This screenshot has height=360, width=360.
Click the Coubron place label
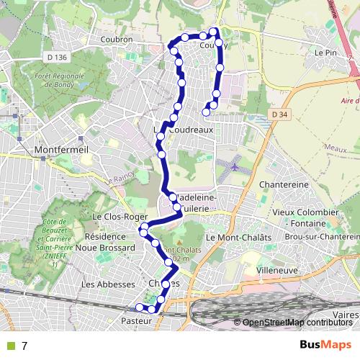pos(119,40)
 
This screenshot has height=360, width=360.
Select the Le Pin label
pos(326,53)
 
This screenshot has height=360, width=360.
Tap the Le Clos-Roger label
pos(115,215)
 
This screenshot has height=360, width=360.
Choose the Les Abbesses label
pos(109,284)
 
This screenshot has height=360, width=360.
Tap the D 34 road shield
pos(281,114)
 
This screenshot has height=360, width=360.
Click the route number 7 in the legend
pos(24,346)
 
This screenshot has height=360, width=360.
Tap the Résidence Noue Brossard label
pos(110,241)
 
